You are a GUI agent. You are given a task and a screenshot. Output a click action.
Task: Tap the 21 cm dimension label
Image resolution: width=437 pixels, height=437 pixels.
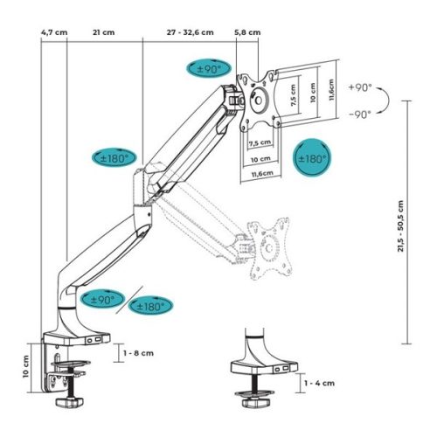[x=103, y=33]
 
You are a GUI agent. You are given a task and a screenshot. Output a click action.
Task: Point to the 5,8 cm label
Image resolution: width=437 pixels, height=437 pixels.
[x=247, y=33]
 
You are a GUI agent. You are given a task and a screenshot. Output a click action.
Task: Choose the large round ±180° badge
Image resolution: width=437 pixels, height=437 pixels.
[x=312, y=158]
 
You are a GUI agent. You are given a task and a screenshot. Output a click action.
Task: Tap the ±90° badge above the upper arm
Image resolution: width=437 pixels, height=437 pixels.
[x=208, y=68]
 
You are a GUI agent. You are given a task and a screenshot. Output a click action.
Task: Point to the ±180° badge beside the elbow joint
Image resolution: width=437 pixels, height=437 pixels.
[x=114, y=158]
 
